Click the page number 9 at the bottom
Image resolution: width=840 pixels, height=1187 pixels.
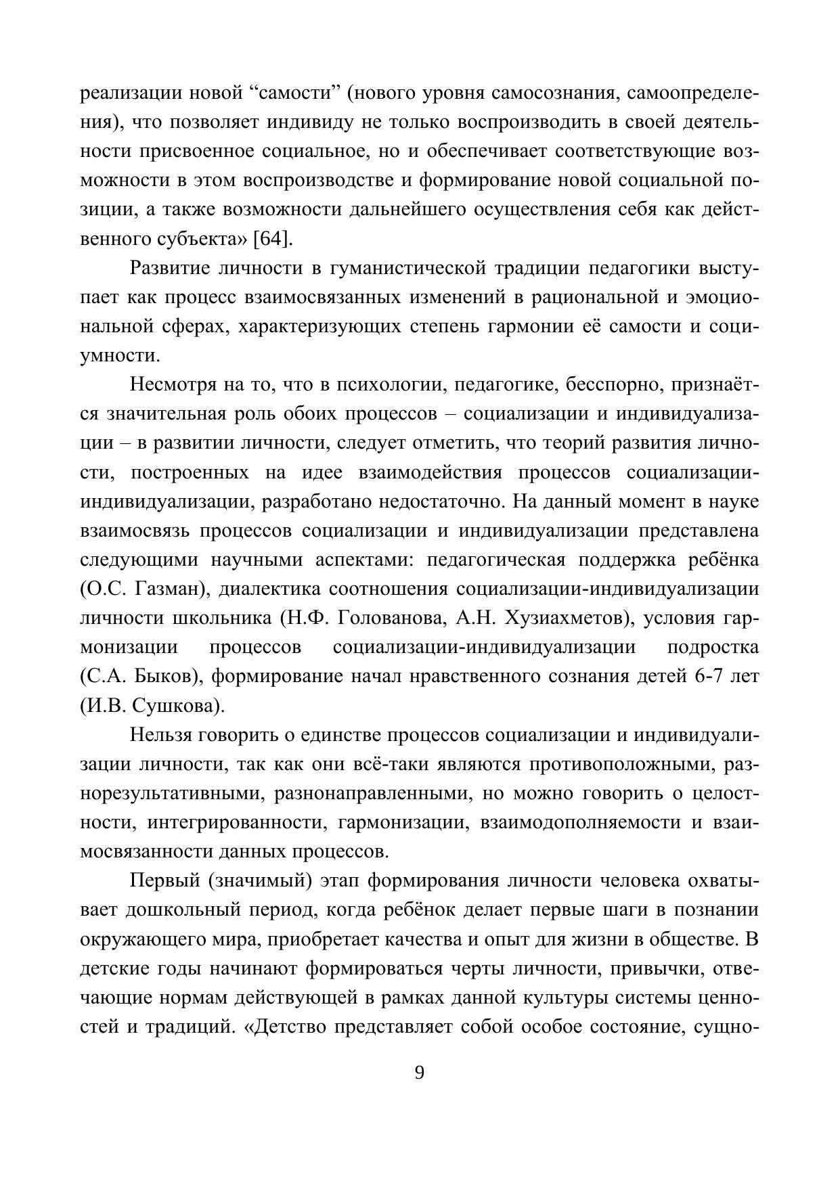(x=419, y=1073)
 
